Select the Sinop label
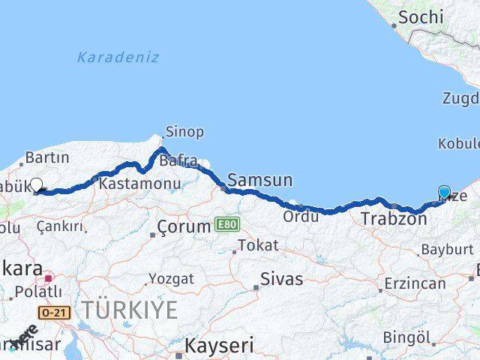(x=184, y=132)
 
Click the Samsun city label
(x=259, y=180)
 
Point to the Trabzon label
(x=394, y=219)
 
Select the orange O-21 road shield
(x=56, y=311)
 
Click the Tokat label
(x=258, y=245)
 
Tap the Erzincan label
(x=415, y=284)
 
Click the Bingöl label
(x=407, y=337)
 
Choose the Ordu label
(x=301, y=217)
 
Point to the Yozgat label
(x=170, y=278)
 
